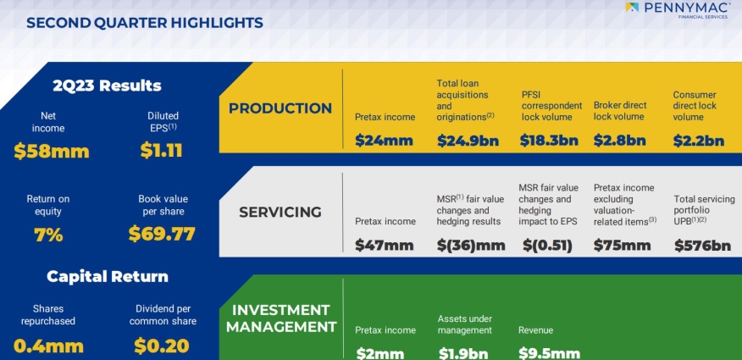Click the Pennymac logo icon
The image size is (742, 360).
point(632,7)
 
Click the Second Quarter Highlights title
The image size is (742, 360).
point(145,23)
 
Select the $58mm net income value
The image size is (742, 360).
point(52,152)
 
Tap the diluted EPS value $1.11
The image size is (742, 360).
point(162,151)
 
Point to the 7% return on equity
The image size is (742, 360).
point(48,235)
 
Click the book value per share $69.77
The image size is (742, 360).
point(162,234)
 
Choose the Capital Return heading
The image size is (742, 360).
point(108,276)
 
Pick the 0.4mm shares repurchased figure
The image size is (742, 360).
point(49,346)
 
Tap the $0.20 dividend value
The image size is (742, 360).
point(162,346)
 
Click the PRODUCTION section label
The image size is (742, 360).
point(280,108)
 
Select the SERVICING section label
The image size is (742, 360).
point(280,212)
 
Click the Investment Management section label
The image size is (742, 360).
point(281,318)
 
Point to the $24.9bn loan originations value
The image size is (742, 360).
point(468,141)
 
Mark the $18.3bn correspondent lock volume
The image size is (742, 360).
point(549,141)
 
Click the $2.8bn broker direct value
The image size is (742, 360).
point(619,141)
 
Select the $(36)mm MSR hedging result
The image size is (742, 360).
point(471,245)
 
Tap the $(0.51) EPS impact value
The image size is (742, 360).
point(547,245)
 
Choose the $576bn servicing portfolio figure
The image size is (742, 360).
point(702,245)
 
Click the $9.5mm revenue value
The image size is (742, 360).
point(549,353)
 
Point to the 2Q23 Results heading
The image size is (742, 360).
point(108,86)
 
